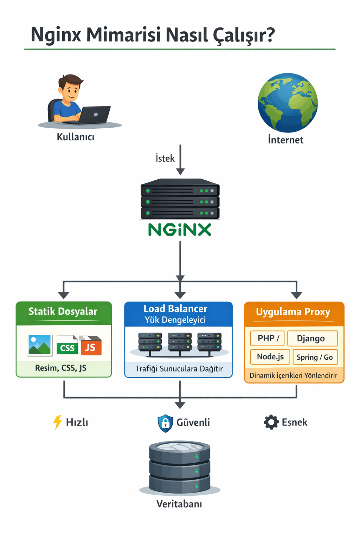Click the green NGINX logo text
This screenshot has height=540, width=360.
point(180,230)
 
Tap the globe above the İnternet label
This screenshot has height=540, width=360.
point(288,103)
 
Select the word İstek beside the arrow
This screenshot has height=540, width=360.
point(165,159)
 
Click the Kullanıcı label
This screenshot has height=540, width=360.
point(76,137)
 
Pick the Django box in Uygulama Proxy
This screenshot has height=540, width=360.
point(312,338)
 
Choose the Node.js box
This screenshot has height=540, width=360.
point(270,356)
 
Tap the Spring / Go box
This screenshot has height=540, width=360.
point(315,357)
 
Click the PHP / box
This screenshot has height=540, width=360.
point(268,338)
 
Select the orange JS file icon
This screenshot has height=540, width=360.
point(91,346)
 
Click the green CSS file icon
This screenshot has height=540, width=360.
point(67,346)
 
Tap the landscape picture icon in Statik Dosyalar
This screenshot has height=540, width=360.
point(40,345)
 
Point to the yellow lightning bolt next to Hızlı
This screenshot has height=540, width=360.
point(57,422)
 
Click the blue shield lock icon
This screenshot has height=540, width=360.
point(165,423)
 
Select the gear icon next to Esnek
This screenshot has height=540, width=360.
point(271,422)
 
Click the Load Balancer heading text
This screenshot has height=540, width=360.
point(175,309)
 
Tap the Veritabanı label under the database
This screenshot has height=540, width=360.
point(179,504)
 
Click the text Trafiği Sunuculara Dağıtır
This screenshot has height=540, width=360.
point(179,369)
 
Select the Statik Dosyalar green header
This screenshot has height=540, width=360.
point(63,311)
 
